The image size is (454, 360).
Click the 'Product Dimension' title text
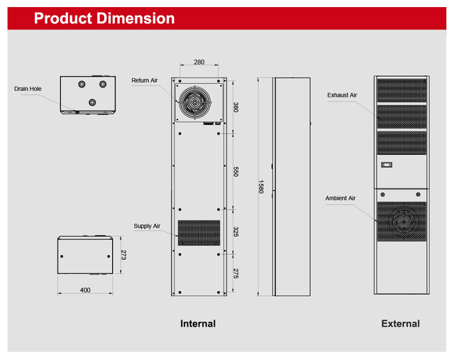[104, 18]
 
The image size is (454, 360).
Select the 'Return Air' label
[144, 81]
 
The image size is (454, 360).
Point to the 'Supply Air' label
[147, 226]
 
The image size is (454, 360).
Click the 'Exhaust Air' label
[342, 94]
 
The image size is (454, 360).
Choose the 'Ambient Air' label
[340, 198]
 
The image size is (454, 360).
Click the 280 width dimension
[200, 62]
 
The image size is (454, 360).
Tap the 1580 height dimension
[261, 187]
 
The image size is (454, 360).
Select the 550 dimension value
[236, 171]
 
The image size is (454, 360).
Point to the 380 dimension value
[236, 107]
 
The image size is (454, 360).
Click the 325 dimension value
[236, 232]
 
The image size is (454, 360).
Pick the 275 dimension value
[236, 273]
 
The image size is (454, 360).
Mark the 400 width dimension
[85, 290]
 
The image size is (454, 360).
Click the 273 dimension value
[123, 255]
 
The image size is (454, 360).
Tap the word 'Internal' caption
[198, 324]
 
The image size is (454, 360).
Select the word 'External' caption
[400, 324]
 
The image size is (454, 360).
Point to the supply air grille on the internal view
[199, 233]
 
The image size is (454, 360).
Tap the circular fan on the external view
[401, 221]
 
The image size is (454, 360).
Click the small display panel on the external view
[387, 165]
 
